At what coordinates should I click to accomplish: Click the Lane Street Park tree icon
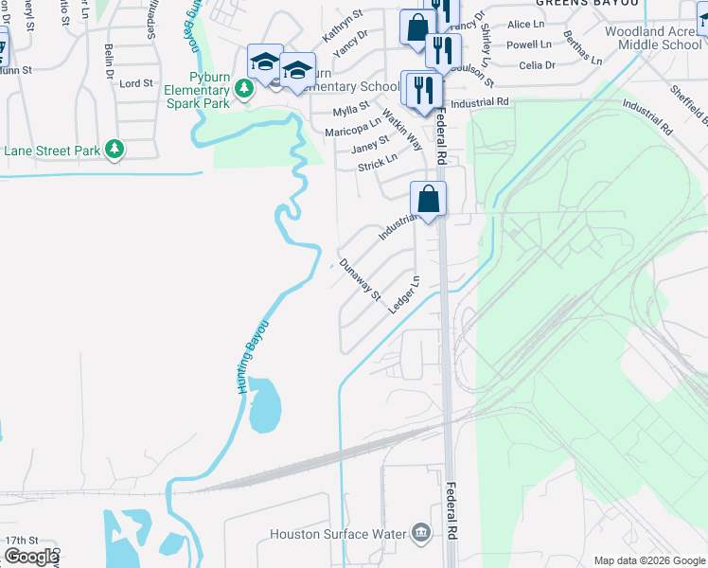[x=115, y=150]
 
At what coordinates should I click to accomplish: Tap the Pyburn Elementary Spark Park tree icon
[x=245, y=88]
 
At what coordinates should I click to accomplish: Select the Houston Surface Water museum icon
[x=420, y=534]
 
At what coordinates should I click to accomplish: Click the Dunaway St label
[x=360, y=280]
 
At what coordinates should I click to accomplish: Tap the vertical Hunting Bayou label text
[x=249, y=358]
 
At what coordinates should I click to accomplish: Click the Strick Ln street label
[x=378, y=164]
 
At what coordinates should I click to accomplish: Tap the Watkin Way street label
[x=403, y=130]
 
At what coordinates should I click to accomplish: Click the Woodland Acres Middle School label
[x=654, y=38]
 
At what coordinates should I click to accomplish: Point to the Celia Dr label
[x=538, y=65]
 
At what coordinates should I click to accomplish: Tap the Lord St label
[x=136, y=83]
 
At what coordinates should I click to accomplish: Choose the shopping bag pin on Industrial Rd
[x=428, y=200]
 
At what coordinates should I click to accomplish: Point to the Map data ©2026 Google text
[x=649, y=560]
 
